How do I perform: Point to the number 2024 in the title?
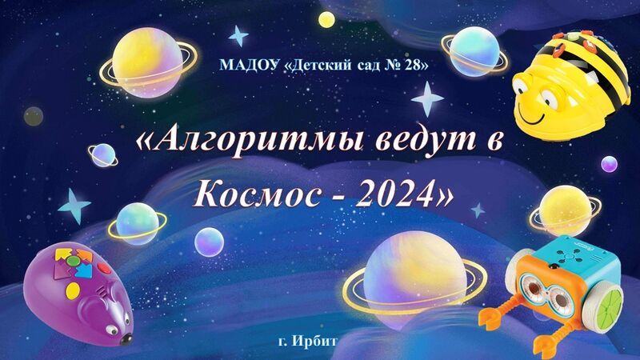tap(394, 193)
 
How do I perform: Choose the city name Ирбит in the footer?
tap(314, 341)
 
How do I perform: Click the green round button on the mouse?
tap(74, 261)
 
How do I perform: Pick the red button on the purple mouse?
tap(104, 268)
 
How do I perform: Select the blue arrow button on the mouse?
tap(84, 270)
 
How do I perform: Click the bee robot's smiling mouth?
tap(532, 118)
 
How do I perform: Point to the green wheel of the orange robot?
tap(610, 303)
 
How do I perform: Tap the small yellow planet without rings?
tap(326, 19)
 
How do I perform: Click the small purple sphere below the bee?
tap(609, 164)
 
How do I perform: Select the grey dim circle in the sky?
tap(34, 116)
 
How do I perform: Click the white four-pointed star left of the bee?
tap(427, 99)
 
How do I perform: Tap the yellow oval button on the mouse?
tap(73, 290)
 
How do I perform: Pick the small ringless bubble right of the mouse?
tap(209, 242)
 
